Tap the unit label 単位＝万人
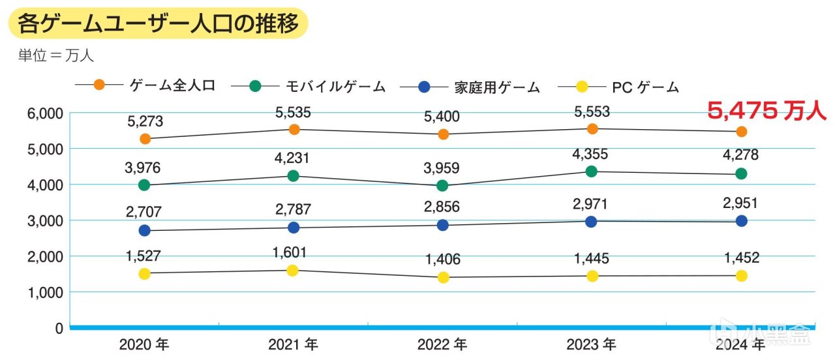pyautogui.click(x=56, y=55)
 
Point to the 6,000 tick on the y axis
pyautogui.click(x=45, y=113)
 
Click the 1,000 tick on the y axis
pyautogui.click(x=45, y=292)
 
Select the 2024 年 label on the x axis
pyautogui.click(x=740, y=344)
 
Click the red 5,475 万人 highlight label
pyautogui.click(x=767, y=112)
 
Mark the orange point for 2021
pyautogui.click(x=294, y=129)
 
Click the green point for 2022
pyautogui.click(x=442, y=186)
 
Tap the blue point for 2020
pyautogui.click(x=145, y=230)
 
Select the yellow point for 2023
pyautogui.click(x=592, y=276)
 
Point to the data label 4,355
pyautogui.click(x=592, y=155)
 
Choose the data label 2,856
pyautogui.click(x=442, y=207)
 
